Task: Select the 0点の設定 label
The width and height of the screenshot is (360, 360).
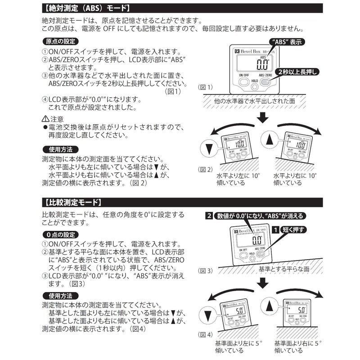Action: (x=60, y=234)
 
